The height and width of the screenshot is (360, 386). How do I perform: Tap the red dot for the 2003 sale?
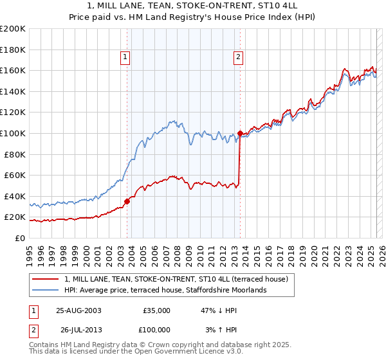(127, 201)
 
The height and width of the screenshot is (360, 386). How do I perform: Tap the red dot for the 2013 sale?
(240, 134)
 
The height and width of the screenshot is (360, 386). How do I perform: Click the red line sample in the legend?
(46, 279)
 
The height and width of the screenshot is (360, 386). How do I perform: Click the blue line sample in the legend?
(46, 290)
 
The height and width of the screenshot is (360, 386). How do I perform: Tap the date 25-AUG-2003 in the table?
(78, 310)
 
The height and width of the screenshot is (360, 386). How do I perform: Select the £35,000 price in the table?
(156, 310)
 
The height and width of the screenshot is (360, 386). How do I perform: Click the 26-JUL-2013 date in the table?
(78, 330)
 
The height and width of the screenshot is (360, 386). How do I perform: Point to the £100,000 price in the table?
(154, 330)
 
